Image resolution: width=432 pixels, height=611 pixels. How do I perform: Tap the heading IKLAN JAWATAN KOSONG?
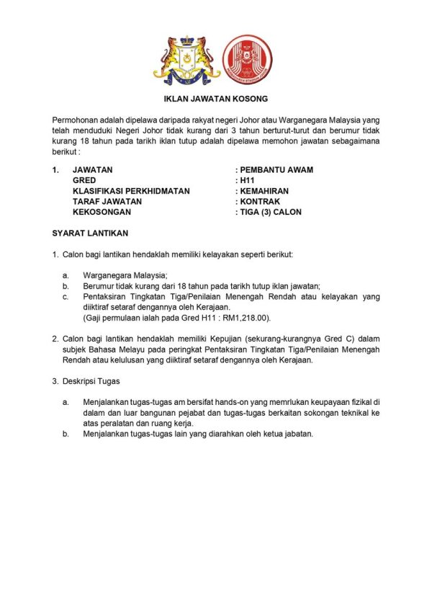(x=216, y=99)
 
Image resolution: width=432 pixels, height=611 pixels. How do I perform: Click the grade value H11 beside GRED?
(x=248, y=181)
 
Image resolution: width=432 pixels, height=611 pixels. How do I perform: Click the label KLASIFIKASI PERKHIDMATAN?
(x=131, y=191)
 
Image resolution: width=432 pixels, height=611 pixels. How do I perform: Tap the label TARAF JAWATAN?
(x=107, y=202)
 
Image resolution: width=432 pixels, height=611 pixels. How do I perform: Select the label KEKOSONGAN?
(x=104, y=212)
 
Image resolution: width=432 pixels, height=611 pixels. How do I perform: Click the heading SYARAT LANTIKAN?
(x=90, y=233)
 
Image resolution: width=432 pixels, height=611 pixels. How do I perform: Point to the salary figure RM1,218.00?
(x=248, y=317)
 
